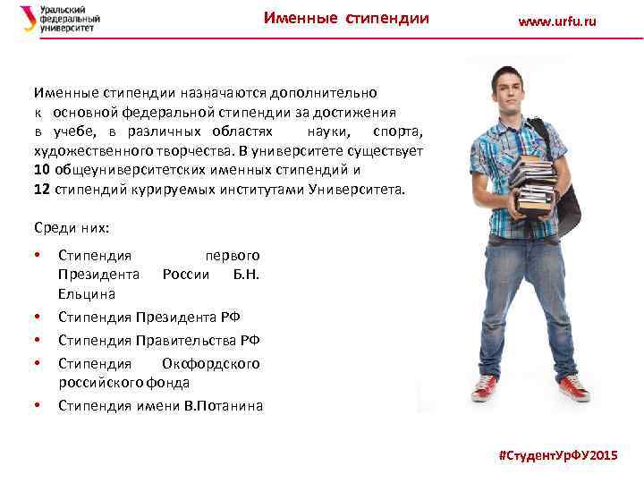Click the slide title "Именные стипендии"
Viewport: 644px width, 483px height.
[x=346, y=19]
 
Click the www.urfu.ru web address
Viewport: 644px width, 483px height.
[x=556, y=21]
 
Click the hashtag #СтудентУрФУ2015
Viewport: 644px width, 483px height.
[x=557, y=456]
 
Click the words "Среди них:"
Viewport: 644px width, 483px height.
[x=71, y=227]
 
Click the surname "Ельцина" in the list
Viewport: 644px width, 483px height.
[x=87, y=293]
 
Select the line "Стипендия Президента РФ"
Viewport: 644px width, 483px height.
[x=148, y=317]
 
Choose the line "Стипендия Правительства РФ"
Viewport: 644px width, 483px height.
[x=159, y=340]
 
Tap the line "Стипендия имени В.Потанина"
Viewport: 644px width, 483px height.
[x=161, y=405]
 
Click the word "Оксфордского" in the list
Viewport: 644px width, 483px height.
[x=210, y=363]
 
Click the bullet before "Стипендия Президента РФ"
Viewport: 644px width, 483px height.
[x=37, y=317]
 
